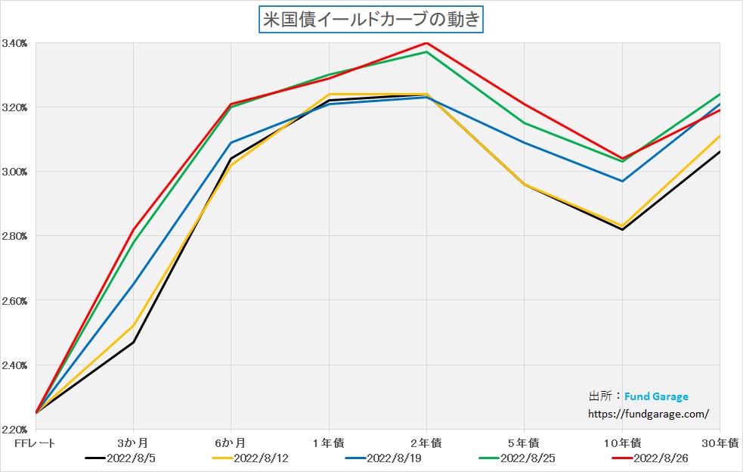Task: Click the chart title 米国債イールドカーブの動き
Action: (370, 20)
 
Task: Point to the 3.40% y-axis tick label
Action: (15, 43)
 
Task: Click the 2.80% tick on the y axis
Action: (15, 236)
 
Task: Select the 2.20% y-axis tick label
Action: (15, 430)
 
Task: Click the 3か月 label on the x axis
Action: (133, 442)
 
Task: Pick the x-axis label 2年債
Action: (426, 442)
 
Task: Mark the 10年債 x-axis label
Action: (621, 442)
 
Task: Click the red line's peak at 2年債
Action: (426, 42)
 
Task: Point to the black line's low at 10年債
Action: (621, 229)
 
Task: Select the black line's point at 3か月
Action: (133, 343)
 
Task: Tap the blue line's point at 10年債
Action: (621, 181)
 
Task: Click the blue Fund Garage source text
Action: (656, 396)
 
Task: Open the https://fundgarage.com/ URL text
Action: (649, 414)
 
